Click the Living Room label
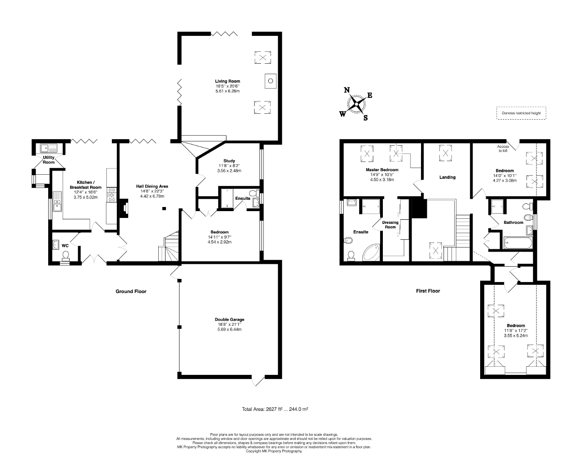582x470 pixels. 227,81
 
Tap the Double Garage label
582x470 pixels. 227,319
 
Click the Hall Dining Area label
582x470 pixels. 152,186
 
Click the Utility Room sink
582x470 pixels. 47,147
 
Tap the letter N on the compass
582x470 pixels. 347,90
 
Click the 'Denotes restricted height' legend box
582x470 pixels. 521,113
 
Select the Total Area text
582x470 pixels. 275,409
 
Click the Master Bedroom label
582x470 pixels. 382,170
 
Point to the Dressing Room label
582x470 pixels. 390,225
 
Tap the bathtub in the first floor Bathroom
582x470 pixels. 517,243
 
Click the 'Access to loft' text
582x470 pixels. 503,148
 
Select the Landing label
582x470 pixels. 447,177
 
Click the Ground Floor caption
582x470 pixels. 131,291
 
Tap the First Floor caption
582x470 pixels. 428,291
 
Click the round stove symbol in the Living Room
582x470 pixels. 270,81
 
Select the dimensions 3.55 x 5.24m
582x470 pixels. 516,335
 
